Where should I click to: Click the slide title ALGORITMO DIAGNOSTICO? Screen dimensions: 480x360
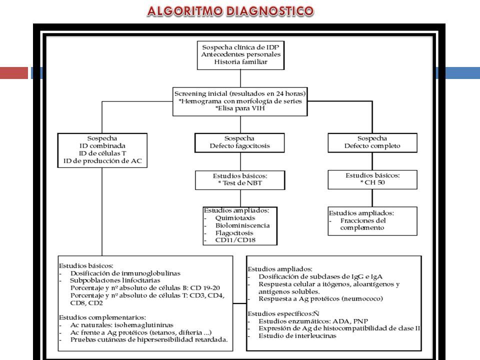click(x=230, y=11)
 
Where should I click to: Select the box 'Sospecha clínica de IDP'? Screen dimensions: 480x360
click(x=240, y=55)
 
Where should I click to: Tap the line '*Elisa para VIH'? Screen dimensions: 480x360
click(x=240, y=108)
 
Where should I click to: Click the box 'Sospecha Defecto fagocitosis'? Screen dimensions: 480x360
click(x=239, y=142)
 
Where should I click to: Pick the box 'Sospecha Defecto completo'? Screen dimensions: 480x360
click(x=372, y=142)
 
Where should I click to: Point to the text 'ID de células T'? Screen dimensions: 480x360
click(x=102, y=153)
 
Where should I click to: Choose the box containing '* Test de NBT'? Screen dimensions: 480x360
click(x=240, y=180)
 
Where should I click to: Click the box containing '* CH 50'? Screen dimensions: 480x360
click(x=372, y=179)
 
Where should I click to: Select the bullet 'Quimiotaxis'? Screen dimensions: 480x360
click(x=235, y=218)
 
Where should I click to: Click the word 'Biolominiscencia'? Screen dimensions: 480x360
click(x=242, y=225)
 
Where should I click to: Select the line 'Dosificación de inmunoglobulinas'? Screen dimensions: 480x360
click(x=125, y=273)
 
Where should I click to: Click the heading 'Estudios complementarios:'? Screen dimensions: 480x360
click(x=102, y=317)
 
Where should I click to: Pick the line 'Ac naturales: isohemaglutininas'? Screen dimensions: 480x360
click(x=122, y=325)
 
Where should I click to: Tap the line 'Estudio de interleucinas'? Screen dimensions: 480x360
click(x=297, y=336)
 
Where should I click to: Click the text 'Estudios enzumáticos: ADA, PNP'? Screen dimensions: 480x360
click(x=313, y=321)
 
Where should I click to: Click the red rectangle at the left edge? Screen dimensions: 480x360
click(x=14, y=73)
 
